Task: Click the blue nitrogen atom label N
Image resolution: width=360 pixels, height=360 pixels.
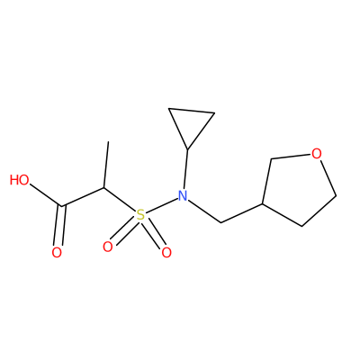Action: (x=183, y=196)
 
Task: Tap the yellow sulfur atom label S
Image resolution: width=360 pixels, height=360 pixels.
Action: (x=140, y=215)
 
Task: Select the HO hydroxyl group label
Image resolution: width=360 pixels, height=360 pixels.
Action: (x=20, y=180)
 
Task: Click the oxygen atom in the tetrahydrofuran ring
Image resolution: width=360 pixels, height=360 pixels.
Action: (x=317, y=154)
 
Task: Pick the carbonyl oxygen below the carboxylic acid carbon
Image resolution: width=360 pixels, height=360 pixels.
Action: (x=57, y=253)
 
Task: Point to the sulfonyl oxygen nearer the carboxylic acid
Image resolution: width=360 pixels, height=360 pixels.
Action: (x=108, y=247)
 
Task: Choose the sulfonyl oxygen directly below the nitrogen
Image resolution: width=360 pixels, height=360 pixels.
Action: (x=166, y=253)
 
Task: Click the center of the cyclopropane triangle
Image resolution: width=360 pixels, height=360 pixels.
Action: (x=190, y=123)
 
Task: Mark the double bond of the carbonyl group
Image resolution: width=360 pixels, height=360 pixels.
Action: (x=59, y=226)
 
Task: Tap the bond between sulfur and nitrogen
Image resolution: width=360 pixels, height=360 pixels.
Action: (x=161, y=205)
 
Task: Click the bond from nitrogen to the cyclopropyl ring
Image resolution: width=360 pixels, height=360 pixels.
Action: (x=185, y=169)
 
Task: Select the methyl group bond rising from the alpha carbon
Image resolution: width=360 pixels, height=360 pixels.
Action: (x=106, y=165)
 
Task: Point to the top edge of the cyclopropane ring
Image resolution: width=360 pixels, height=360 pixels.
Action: (x=192, y=111)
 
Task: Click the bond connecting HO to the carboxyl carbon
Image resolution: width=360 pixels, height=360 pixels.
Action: (x=46, y=196)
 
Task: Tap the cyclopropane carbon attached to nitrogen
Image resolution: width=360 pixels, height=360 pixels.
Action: (x=187, y=149)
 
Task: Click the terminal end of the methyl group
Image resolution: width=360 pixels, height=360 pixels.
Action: (x=108, y=142)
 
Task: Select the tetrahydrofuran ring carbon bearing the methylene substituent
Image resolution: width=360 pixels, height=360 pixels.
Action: (x=263, y=203)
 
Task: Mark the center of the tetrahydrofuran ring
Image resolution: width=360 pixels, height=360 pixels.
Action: (x=298, y=188)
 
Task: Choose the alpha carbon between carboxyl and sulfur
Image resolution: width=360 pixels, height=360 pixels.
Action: (x=104, y=188)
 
